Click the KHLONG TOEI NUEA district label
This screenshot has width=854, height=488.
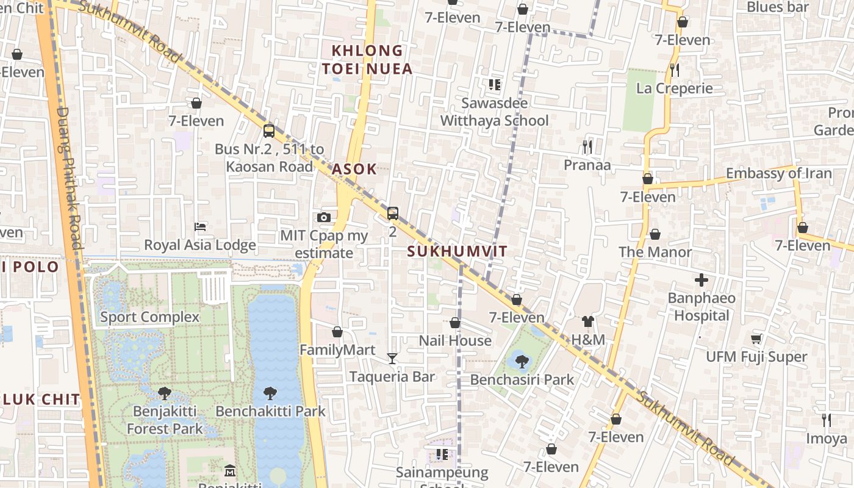[x=367, y=60]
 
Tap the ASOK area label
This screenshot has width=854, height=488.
[x=354, y=170]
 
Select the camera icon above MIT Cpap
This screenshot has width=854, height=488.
[x=324, y=218]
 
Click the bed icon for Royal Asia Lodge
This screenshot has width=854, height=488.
[x=200, y=227]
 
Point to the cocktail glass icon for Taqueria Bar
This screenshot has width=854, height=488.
[x=392, y=359]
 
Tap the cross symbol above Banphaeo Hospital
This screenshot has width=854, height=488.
[x=701, y=281]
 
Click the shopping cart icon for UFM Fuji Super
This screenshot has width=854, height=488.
[x=756, y=339]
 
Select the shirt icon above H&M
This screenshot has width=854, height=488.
[x=588, y=321]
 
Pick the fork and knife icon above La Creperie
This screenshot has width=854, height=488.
[x=674, y=70]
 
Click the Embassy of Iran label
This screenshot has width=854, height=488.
[x=778, y=173]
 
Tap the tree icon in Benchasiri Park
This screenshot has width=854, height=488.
[x=522, y=362]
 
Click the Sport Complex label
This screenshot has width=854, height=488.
[x=149, y=317]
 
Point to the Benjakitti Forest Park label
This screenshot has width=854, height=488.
[x=164, y=420]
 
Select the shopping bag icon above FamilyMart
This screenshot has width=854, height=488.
[x=337, y=332]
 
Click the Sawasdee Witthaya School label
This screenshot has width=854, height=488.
[x=495, y=112]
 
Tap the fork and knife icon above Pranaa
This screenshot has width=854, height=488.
[x=587, y=146]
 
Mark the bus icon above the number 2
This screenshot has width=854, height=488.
[x=393, y=213]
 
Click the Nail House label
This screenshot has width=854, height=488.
[x=455, y=340]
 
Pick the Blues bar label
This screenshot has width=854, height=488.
[x=778, y=7]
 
